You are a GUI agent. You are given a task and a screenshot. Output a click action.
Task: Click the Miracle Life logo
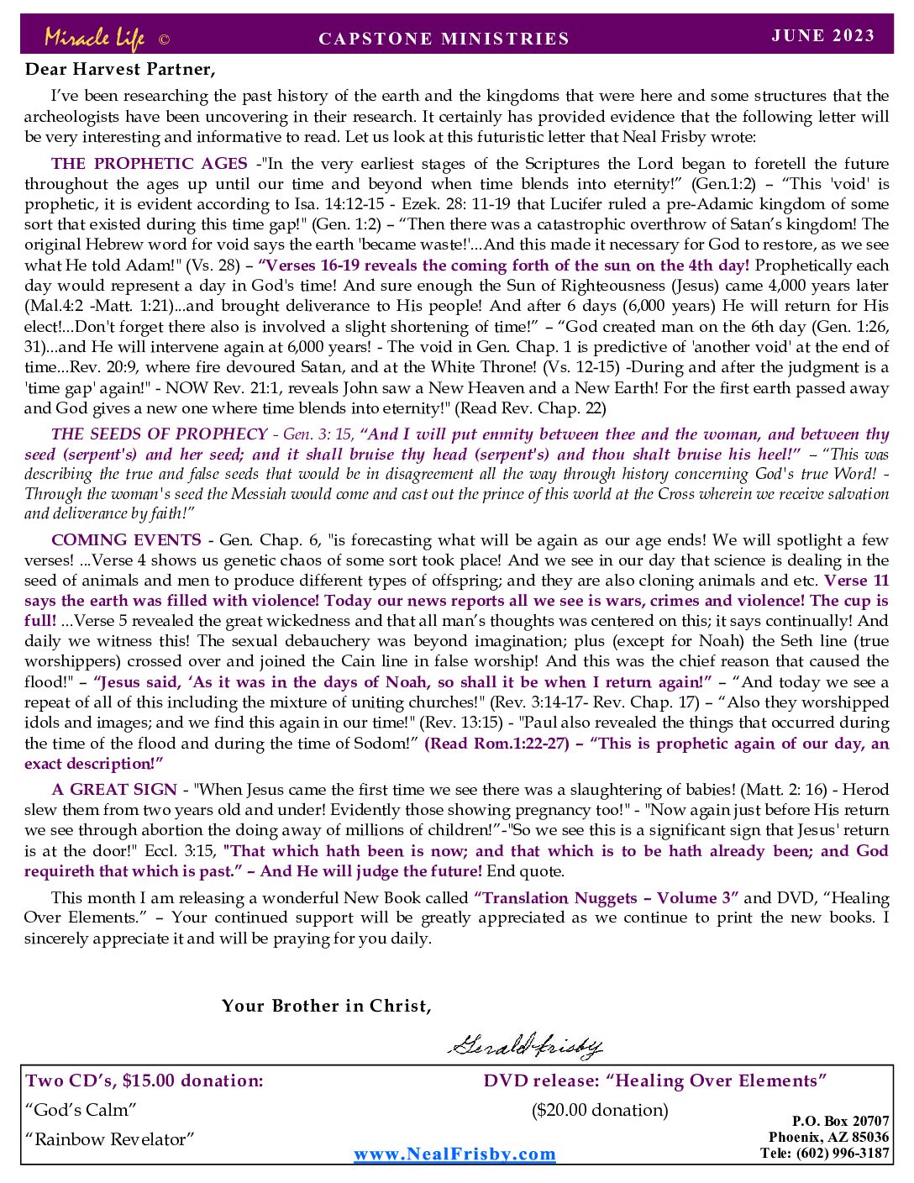coord(94,38)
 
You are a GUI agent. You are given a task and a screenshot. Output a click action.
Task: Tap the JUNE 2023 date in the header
coord(822,35)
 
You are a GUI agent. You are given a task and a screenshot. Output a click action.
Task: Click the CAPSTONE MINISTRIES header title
coord(444,39)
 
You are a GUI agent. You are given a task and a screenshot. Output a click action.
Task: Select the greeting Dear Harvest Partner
coord(120,69)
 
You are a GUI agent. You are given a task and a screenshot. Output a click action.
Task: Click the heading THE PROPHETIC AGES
coord(150,164)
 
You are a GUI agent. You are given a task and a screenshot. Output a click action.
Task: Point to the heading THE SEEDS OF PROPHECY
coord(159,434)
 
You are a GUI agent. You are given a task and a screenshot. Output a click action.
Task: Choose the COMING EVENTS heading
coord(126,540)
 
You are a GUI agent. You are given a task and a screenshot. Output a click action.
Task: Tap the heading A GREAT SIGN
coord(114,790)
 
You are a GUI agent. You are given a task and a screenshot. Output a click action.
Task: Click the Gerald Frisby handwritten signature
coord(525,1045)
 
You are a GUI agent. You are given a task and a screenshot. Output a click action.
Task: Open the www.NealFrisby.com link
coord(454,1154)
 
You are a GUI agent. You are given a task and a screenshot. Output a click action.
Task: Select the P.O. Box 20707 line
coord(840,1121)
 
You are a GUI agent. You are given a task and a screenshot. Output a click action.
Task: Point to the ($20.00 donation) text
coord(600,1110)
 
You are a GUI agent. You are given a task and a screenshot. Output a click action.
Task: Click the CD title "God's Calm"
coord(81,1110)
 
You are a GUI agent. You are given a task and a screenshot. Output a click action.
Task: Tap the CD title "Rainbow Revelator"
coord(109,1139)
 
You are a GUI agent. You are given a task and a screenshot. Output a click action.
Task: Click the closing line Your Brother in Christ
coord(327,1006)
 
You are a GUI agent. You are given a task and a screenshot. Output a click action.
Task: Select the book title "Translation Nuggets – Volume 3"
coord(607,898)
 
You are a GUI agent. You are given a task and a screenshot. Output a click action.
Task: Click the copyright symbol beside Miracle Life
coord(164,39)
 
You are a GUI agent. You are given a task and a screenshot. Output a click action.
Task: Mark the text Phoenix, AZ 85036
coord(828,1137)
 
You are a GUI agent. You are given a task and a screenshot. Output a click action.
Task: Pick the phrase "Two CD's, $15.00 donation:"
coord(144,1080)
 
